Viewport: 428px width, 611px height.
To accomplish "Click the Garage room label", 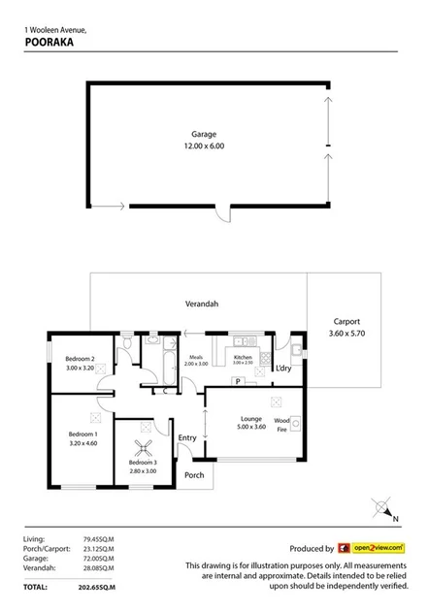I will pyautogui.click(x=203, y=134).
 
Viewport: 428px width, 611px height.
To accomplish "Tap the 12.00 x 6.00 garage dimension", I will pyautogui.click(x=203, y=145).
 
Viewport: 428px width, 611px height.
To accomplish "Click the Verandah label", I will pyautogui.click(x=202, y=304).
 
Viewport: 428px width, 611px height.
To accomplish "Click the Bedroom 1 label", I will pyautogui.click(x=81, y=434).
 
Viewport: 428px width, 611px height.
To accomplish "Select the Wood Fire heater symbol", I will pyautogui.click(x=295, y=423).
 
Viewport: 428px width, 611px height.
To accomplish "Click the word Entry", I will pyautogui.click(x=187, y=437).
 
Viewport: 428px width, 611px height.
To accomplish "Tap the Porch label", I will pyautogui.click(x=194, y=475).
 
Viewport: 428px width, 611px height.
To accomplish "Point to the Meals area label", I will pyautogui.click(x=195, y=357).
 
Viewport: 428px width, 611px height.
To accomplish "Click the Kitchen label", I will pyautogui.click(x=244, y=357).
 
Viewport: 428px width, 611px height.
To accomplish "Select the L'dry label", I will pyautogui.click(x=284, y=369).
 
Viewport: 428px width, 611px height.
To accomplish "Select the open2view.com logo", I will pyautogui.click(x=370, y=548).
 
